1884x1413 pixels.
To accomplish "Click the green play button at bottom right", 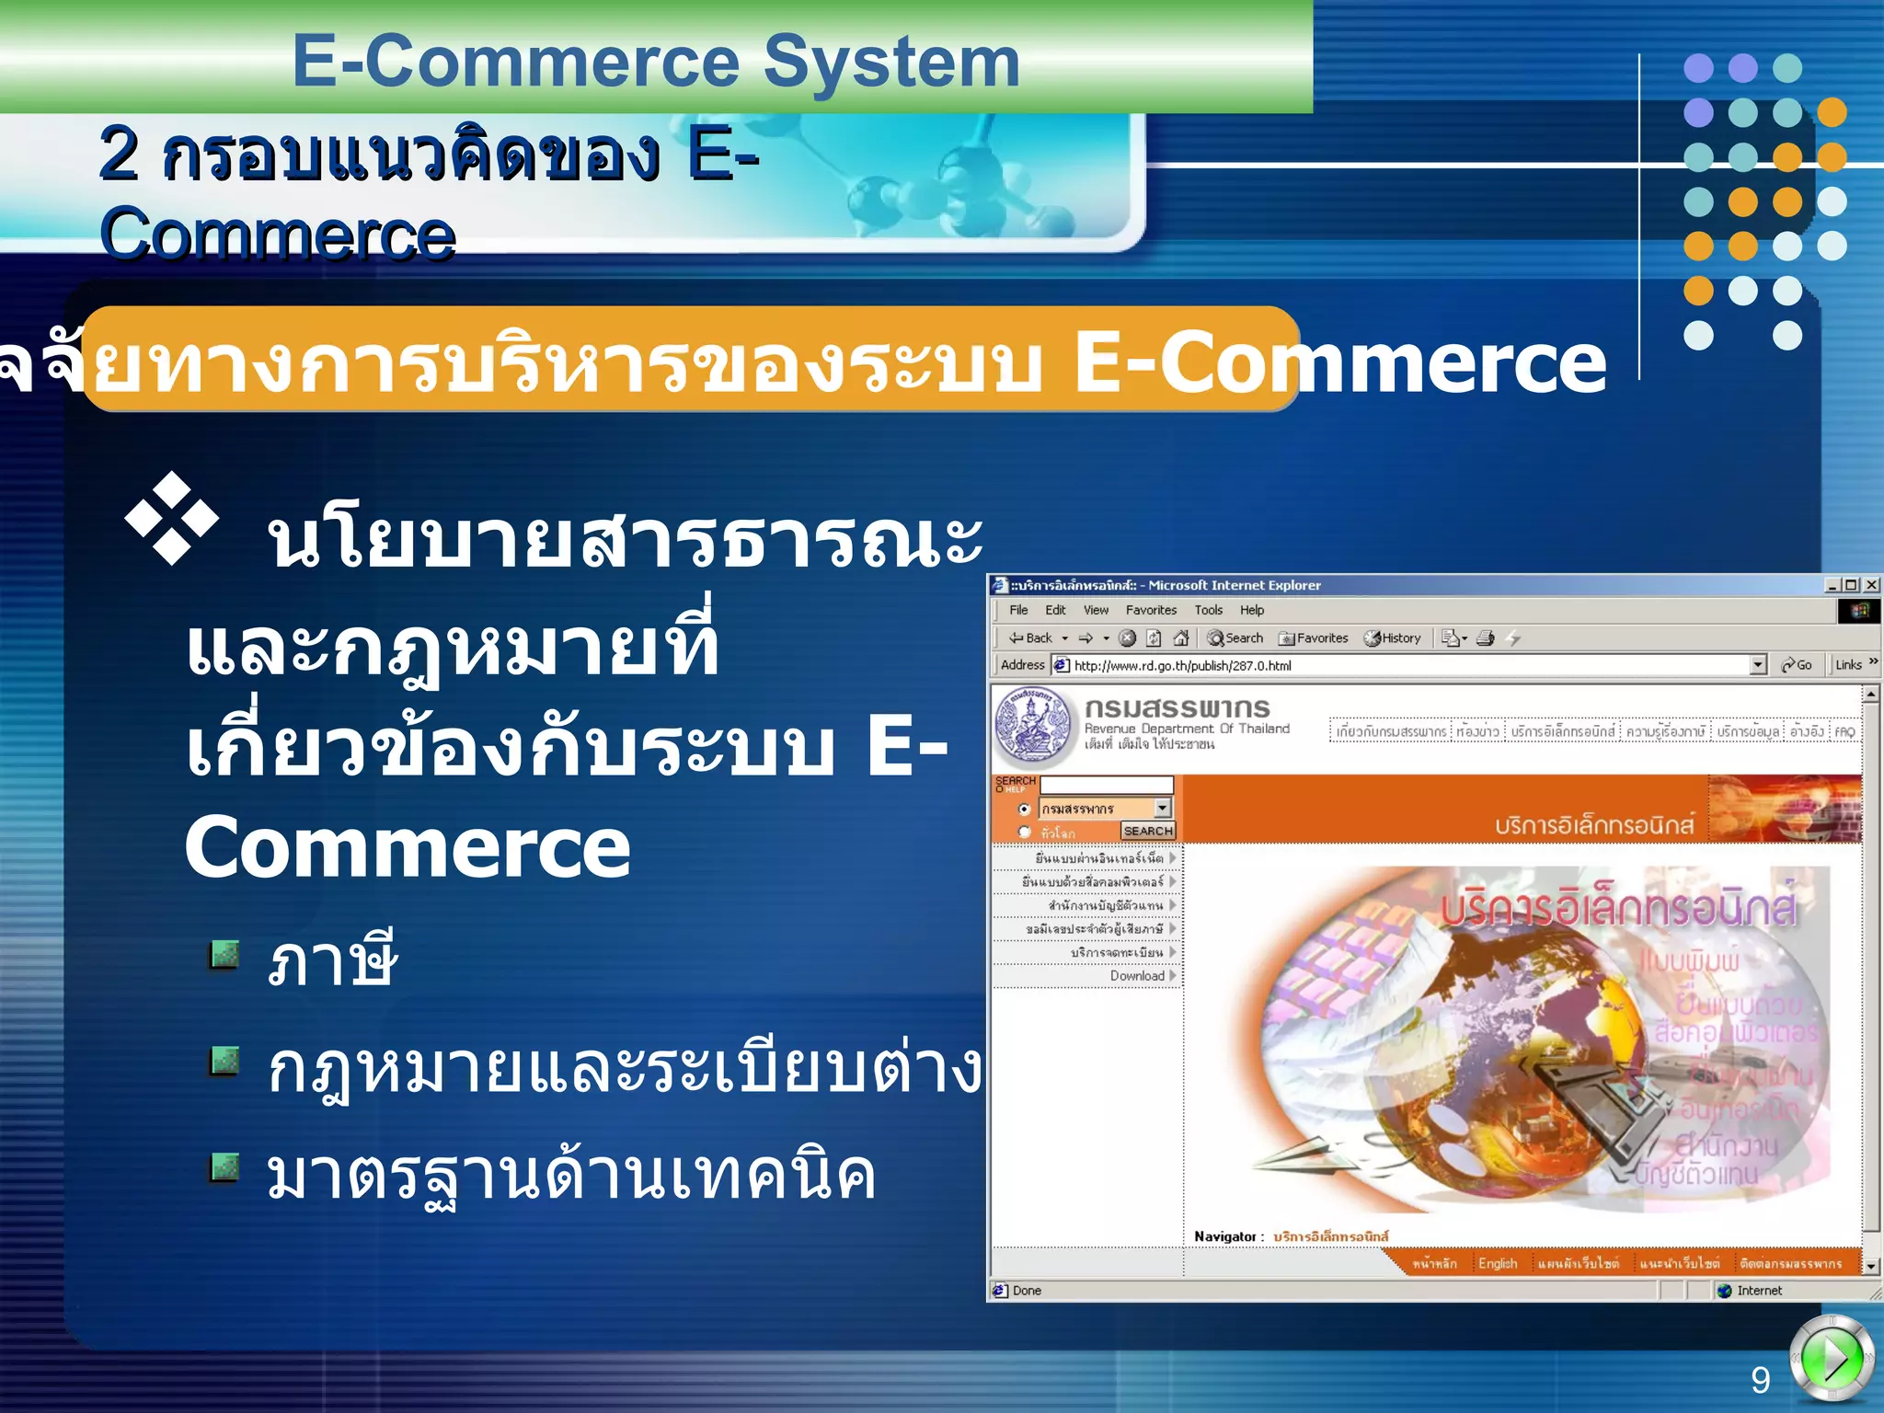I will [1832, 1357].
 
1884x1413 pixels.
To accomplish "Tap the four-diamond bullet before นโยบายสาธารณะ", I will [171, 518].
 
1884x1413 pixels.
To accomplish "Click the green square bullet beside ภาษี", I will [224, 955].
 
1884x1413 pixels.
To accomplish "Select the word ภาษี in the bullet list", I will [332, 960].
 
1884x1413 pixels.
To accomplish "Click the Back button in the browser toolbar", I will [1031, 638].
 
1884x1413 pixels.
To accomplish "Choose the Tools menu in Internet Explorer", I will [1208, 610].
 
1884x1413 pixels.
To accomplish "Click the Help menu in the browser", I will [1251, 610].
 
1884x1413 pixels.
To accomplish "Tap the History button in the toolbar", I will [1393, 638].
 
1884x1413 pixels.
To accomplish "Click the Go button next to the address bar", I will [1797, 665].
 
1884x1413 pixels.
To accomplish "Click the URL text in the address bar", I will [1182, 666].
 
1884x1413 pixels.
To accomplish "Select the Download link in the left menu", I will [1137, 976].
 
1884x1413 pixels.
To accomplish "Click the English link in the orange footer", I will [1497, 1263].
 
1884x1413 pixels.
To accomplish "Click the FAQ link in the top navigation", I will [1844, 732].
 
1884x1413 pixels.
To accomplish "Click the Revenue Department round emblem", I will [1033, 725].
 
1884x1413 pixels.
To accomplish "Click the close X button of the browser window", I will [1871, 585].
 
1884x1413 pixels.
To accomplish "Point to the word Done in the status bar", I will [1027, 1291].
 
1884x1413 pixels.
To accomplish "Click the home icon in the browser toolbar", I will [1181, 638].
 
